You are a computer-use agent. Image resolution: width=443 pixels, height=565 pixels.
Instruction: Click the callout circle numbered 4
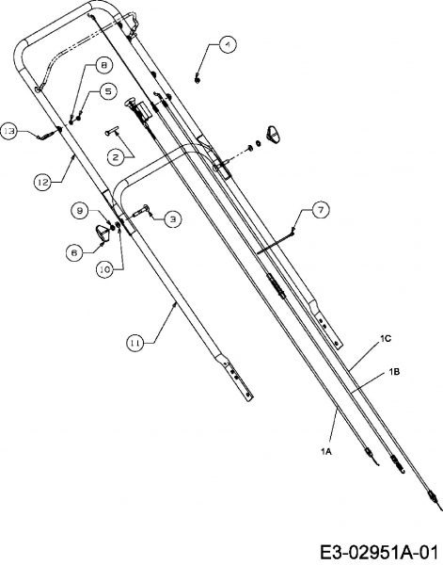click(227, 45)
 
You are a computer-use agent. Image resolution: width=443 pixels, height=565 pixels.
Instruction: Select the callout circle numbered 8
click(103, 65)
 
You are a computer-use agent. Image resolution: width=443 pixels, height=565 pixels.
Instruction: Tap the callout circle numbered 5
click(108, 91)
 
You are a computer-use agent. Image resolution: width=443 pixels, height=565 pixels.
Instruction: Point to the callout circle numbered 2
click(116, 157)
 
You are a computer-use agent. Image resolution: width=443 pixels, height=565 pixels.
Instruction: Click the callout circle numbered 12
click(43, 182)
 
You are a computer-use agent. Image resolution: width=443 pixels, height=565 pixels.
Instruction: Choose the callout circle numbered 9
click(81, 210)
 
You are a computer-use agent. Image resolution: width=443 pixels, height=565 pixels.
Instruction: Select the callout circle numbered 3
click(173, 219)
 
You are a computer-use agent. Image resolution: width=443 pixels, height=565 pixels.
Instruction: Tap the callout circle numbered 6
click(74, 252)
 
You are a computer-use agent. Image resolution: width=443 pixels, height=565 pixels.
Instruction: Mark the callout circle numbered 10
click(105, 269)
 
